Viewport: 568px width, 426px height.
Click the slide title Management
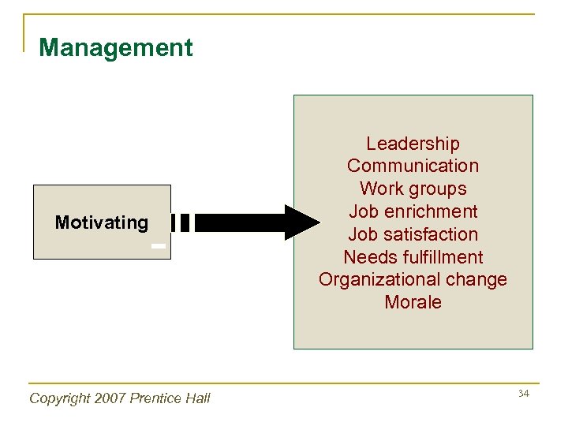(x=115, y=48)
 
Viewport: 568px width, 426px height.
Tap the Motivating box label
(x=101, y=222)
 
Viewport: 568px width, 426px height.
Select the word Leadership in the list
(x=413, y=144)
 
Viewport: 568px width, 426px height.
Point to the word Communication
(x=413, y=166)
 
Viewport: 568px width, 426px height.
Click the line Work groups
(x=413, y=189)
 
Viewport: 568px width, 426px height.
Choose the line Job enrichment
(x=413, y=212)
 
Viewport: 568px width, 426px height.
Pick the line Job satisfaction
(x=413, y=234)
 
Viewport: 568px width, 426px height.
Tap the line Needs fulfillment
(x=413, y=257)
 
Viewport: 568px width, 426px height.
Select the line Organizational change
(x=413, y=280)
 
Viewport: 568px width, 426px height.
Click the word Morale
(x=413, y=302)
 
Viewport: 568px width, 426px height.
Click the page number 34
(x=522, y=393)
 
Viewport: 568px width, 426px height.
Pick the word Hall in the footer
(x=197, y=398)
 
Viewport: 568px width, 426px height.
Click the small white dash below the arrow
(x=159, y=246)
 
